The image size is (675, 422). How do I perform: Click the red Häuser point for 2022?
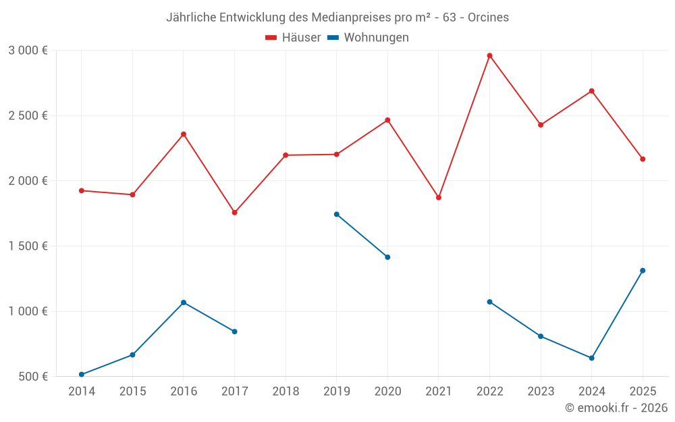click(x=489, y=55)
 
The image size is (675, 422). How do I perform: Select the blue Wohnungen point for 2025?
click(x=643, y=271)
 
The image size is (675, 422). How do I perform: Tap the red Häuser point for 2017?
click(x=234, y=213)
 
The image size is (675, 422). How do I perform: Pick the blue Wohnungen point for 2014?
click(x=82, y=374)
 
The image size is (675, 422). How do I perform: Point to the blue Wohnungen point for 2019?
click(x=337, y=214)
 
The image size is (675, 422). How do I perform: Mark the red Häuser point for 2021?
click(x=439, y=198)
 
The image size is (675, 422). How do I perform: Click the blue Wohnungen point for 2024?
click(x=591, y=358)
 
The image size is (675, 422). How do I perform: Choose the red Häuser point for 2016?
click(x=184, y=134)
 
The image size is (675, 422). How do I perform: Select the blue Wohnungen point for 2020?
click(x=387, y=257)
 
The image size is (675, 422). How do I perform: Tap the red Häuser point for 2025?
click(x=643, y=159)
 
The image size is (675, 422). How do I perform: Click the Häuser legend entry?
click(x=293, y=38)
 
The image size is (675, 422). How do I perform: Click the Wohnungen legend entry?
click(x=369, y=38)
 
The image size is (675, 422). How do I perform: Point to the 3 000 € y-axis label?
click(x=28, y=51)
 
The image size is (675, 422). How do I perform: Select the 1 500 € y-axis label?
click(x=28, y=246)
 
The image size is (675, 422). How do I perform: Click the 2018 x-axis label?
click(x=286, y=392)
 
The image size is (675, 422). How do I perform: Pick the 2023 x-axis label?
click(x=541, y=392)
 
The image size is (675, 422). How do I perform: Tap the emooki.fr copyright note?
click(x=616, y=408)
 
